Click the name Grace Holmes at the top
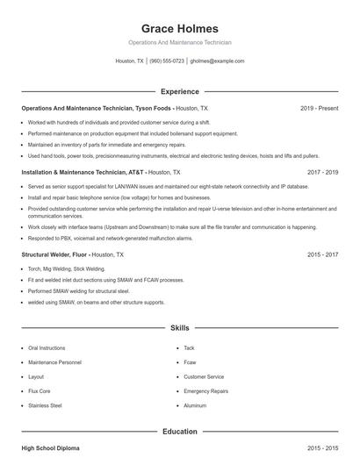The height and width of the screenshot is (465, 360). click(179, 28)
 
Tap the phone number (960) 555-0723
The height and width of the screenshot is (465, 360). click(167, 61)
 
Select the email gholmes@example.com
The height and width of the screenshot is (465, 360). click(217, 61)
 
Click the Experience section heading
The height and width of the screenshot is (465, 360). click(179, 91)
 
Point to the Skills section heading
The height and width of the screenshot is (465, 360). click(179, 327)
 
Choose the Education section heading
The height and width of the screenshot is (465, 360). click(179, 431)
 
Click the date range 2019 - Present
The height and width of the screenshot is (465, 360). click(319, 108)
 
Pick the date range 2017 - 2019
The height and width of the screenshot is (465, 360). click(322, 173)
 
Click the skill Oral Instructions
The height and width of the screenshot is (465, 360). click(47, 348)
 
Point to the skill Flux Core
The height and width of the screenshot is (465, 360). click(40, 391)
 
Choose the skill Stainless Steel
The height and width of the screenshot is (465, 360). click(45, 406)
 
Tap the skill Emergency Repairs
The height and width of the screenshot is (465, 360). click(205, 391)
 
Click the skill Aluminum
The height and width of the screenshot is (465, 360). click(195, 406)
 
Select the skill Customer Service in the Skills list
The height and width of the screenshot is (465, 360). click(204, 377)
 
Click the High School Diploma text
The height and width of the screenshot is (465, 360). click(50, 448)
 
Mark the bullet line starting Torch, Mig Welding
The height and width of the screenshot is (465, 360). click(67, 269)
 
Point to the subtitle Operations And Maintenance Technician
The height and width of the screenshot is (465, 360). click(179, 42)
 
